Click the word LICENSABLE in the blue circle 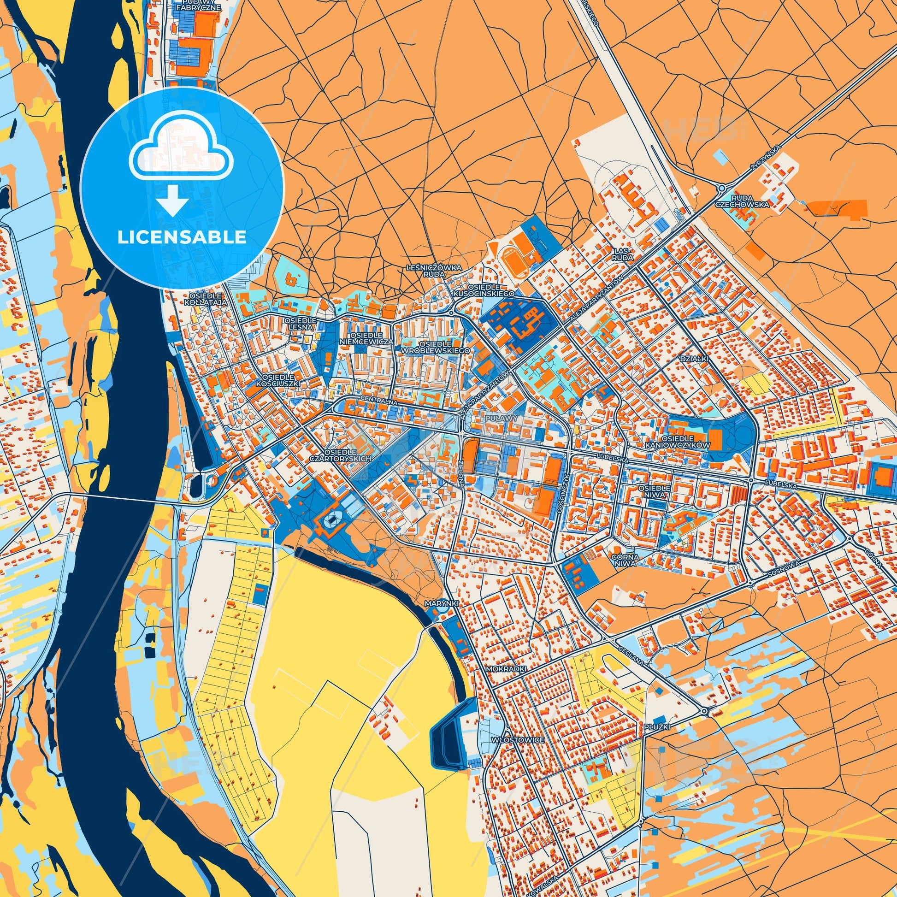(x=182, y=237)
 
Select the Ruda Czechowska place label (x=749, y=201)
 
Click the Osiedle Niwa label (x=654, y=492)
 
